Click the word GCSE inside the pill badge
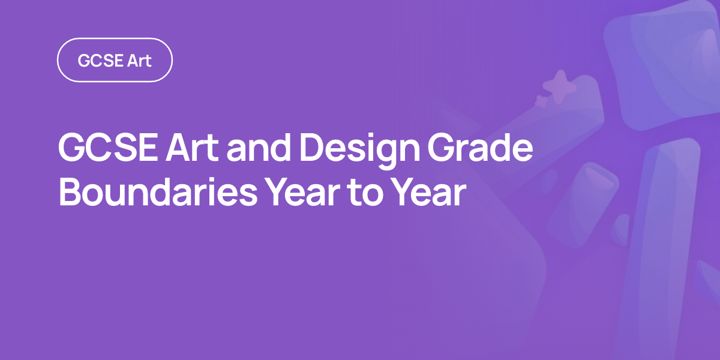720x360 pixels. tap(101, 61)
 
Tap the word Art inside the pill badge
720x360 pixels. tap(139, 61)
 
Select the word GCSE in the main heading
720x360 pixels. tap(108, 148)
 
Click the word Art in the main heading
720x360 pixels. tap(192, 148)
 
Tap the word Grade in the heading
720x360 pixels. tap(480, 148)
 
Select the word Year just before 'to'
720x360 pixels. tap(303, 192)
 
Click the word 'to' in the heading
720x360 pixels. tap(366, 193)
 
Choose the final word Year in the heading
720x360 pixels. tap(429, 192)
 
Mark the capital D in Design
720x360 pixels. tap(313, 148)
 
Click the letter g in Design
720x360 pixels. tap(386, 155)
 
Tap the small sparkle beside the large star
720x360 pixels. tap(542, 101)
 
